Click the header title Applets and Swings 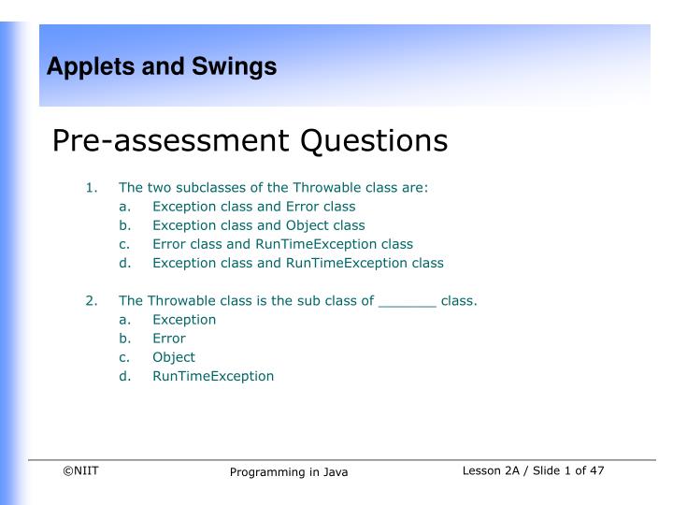[162, 66]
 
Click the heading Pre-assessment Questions [250, 141]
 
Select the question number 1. [91, 187]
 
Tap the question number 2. [91, 301]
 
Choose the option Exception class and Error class [253, 206]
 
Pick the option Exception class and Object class [258, 225]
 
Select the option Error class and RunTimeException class [282, 244]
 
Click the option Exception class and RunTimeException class [297, 263]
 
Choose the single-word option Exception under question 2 [184, 320]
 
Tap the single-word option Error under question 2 [168, 339]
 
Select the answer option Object [174, 357]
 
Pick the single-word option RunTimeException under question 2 [213, 376]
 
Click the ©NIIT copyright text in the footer [80, 470]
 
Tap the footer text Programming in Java [289, 473]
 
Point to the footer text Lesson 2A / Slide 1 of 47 [533, 470]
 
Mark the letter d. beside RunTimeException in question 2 [125, 376]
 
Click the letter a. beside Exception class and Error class [125, 206]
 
